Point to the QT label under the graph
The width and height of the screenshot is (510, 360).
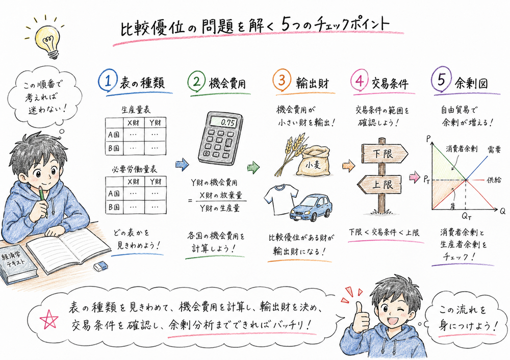[465, 217]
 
